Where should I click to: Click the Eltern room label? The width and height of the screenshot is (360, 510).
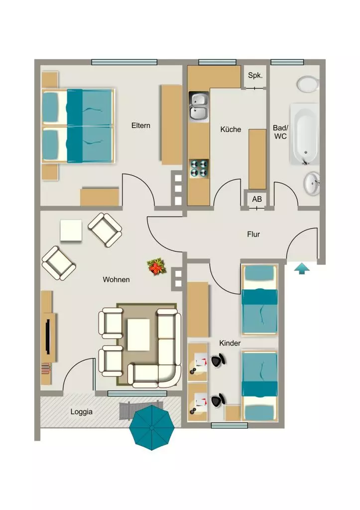click(x=141, y=126)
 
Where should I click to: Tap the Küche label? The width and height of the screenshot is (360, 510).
click(x=231, y=129)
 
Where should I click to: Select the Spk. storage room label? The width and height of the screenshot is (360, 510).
click(x=255, y=76)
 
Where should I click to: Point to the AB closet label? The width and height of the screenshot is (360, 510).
click(x=257, y=199)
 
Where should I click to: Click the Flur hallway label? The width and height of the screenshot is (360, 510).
click(x=253, y=234)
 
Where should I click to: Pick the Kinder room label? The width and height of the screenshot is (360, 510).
click(x=230, y=343)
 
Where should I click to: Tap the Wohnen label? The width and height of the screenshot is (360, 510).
click(x=116, y=280)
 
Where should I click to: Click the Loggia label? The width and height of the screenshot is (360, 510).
click(x=81, y=412)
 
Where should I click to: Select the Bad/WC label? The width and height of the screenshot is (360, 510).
click(x=280, y=132)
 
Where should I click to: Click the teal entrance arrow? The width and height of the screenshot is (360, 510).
click(x=302, y=269)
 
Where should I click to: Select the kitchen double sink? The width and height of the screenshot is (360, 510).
click(x=199, y=107)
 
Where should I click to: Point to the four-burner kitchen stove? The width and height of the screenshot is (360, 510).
click(x=199, y=168)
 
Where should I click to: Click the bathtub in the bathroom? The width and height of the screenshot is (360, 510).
click(x=304, y=134)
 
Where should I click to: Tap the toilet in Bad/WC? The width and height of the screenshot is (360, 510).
click(x=308, y=84)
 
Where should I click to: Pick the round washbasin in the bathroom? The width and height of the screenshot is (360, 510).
click(x=312, y=183)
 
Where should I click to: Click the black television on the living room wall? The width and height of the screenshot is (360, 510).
click(x=48, y=336)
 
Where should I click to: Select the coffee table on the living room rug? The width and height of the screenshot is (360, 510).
click(x=138, y=335)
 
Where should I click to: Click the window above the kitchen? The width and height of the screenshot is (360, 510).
click(x=217, y=62)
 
